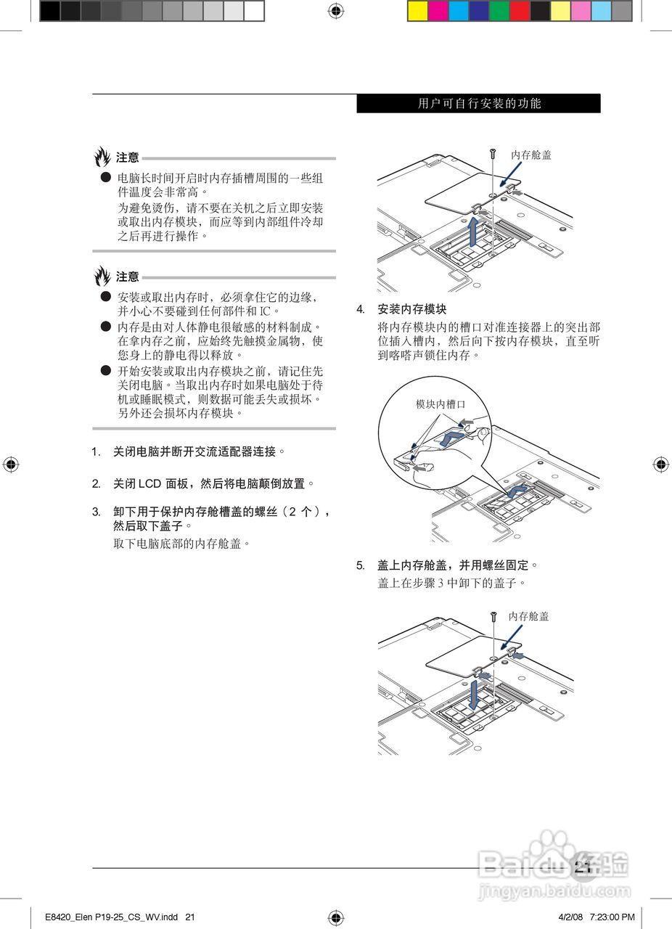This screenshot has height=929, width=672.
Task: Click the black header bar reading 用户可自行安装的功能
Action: click(478, 104)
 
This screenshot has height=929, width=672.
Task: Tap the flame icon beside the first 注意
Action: click(102, 156)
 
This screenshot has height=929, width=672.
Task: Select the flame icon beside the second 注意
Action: click(102, 276)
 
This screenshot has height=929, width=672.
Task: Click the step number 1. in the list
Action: click(96, 452)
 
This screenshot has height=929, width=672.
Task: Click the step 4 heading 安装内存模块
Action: click(412, 309)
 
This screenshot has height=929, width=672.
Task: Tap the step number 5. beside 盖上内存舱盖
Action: click(360, 565)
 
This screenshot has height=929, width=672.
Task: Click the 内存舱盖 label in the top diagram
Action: click(530, 155)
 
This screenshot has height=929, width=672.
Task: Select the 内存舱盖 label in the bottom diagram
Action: click(528, 616)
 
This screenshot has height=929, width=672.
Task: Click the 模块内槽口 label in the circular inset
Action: click(440, 404)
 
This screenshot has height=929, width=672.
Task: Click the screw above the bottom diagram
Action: click(493, 616)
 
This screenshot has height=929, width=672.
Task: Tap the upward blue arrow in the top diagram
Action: click(473, 231)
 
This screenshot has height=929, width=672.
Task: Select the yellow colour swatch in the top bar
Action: click(418, 10)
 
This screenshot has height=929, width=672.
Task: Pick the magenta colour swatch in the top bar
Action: click(438, 10)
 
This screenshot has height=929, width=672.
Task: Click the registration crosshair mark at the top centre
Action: click(336, 10)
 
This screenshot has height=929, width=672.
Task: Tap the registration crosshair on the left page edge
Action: click(10, 464)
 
